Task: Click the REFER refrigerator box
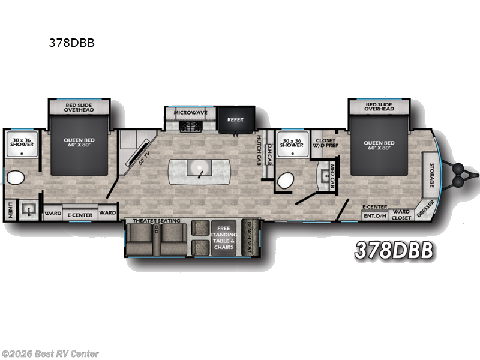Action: [x=235, y=119]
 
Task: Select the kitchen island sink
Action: [x=198, y=167]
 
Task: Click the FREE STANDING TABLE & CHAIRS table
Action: [x=223, y=236]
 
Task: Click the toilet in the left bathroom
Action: [x=16, y=178]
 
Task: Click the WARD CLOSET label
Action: [x=401, y=214]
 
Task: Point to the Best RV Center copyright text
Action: [x=50, y=353]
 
